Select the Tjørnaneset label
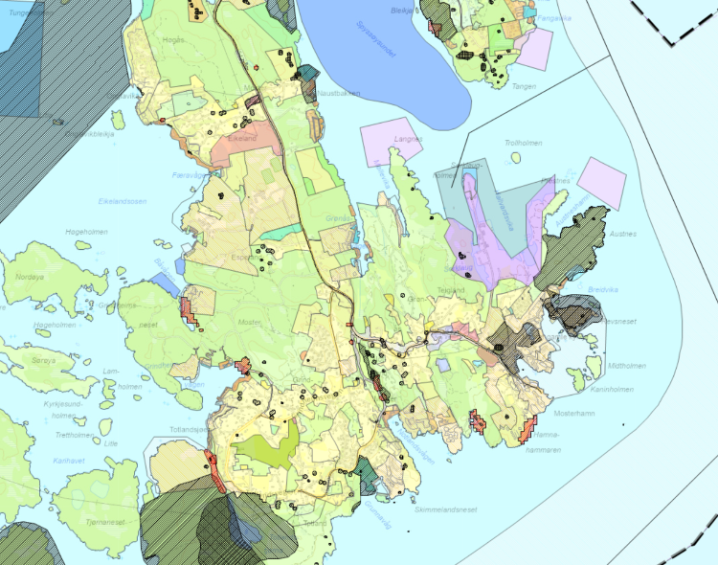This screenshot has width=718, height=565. [104, 522]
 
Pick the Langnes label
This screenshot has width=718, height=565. [408, 139]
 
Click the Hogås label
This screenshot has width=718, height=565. [174, 40]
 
